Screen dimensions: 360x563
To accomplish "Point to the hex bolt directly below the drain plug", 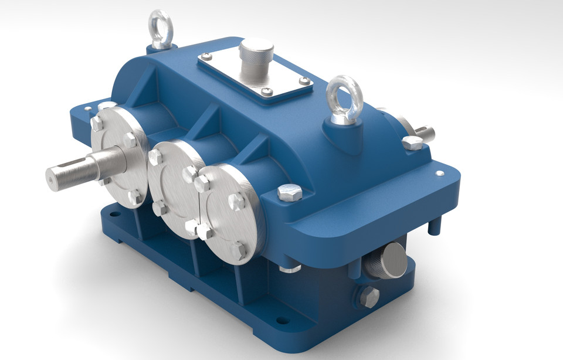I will (368, 297).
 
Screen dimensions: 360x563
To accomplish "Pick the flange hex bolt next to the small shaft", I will (413, 142).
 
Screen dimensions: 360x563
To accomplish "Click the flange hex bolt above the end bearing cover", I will (289, 192).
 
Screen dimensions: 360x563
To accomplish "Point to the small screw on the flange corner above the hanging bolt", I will (437, 174).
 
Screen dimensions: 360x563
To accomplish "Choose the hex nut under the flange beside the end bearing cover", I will (289, 268).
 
